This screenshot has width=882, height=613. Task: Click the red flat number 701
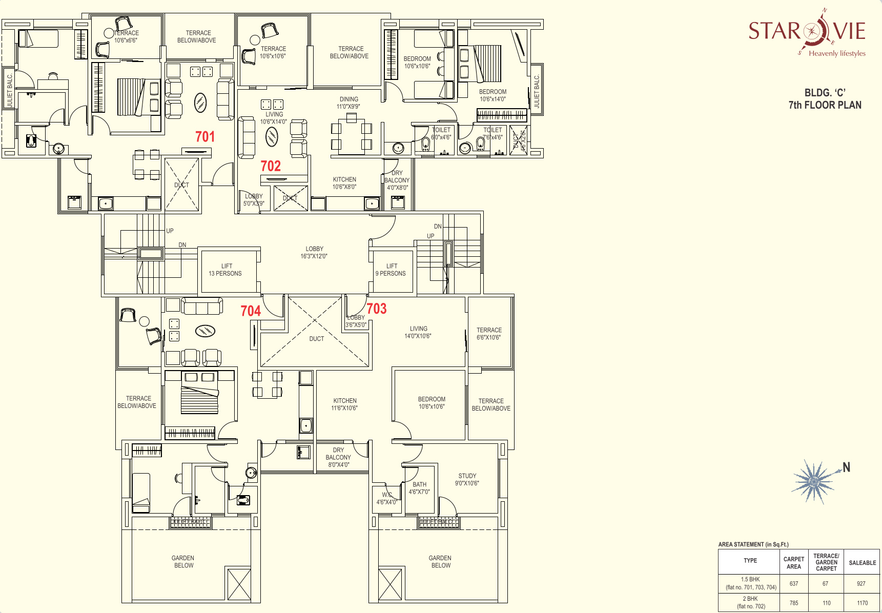click(x=205, y=137)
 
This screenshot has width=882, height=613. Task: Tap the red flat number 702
click(x=271, y=166)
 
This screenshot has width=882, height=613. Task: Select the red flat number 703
click(x=377, y=309)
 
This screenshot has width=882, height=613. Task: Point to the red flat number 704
click(x=251, y=311)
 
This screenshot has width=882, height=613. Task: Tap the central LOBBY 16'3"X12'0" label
click(x=314, y=253)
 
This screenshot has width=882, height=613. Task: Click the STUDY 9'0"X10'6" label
click(x=467, y=480)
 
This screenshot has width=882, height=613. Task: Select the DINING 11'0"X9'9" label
click(x=348, y=103)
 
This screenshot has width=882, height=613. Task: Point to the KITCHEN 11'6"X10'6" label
click(x=344, y=404)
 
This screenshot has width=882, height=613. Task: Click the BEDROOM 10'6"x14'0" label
click(x=493, y=95)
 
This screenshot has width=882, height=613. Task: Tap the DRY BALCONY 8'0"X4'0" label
click(x=338, y=457)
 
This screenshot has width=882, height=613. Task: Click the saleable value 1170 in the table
click(x=863, y=603)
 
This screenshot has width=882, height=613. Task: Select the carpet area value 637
click(x=794, y=583)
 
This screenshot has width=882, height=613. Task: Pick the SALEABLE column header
click(x=863, y=563)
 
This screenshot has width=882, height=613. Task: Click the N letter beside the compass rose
click(x=847, y=467)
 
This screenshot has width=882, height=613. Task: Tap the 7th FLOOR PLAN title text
click(x=825, y=105)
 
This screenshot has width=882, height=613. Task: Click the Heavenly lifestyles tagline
click(x=837, y=53)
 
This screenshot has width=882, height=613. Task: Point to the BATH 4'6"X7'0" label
click(x=419, y=488)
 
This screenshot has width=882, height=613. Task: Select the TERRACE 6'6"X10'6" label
click(x=489, y=334)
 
